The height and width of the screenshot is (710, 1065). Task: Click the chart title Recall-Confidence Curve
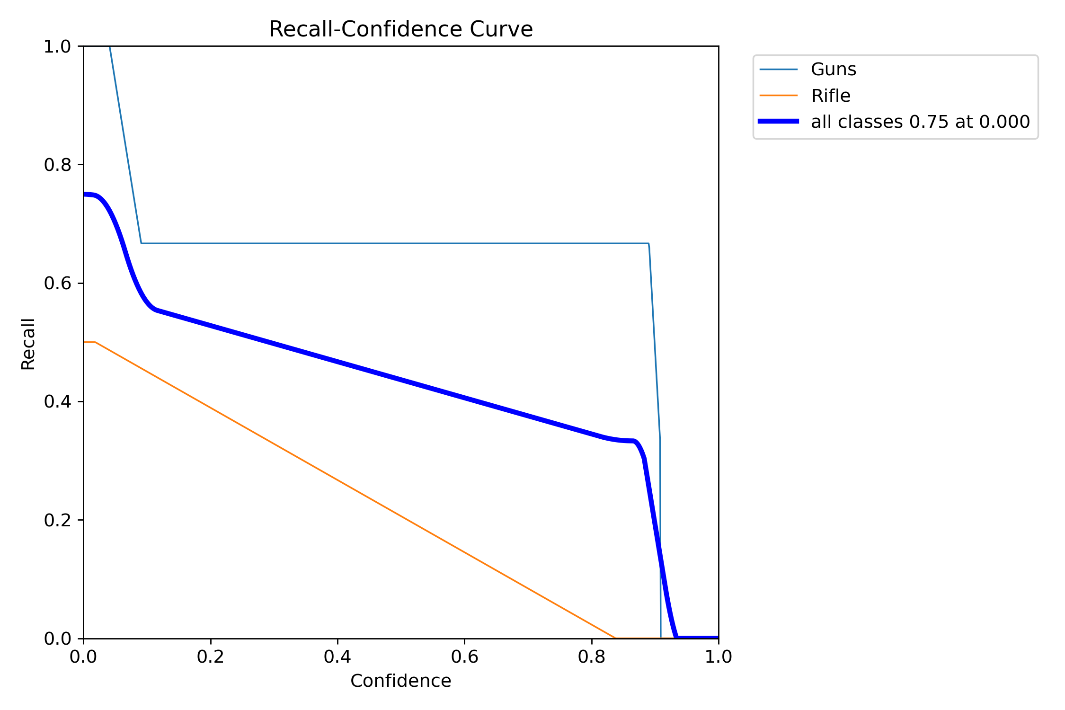[400, 29]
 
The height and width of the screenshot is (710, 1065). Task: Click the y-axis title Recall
[28, 344]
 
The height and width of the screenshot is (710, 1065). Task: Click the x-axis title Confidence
[400, 681]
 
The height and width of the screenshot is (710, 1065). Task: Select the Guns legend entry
[833, 70]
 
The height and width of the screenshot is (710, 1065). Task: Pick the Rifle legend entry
[830, 96]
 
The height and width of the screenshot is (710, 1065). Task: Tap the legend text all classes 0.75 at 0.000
[920, 122]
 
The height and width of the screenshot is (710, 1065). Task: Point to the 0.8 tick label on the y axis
[57, 165]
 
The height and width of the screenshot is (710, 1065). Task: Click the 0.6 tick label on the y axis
[57, 283]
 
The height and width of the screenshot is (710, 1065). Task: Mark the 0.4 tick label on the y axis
[57, 401]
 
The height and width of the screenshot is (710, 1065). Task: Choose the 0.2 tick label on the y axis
[57, 520]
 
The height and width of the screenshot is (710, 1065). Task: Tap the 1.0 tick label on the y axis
[57, 46]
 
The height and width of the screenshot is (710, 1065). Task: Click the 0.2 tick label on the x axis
[211, 657]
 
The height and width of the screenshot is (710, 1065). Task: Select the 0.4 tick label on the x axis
[337, 657]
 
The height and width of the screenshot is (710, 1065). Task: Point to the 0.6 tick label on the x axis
[464, 657]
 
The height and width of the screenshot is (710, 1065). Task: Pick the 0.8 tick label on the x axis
[592, 657]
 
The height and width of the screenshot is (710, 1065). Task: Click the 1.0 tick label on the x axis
[719, 657]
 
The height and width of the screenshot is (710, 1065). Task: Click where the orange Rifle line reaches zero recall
[615, 638]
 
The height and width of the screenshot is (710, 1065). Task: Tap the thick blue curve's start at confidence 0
[85, 194]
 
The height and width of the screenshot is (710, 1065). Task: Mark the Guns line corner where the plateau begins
[141, 243]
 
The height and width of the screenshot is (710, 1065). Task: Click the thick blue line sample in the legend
[778, 122]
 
